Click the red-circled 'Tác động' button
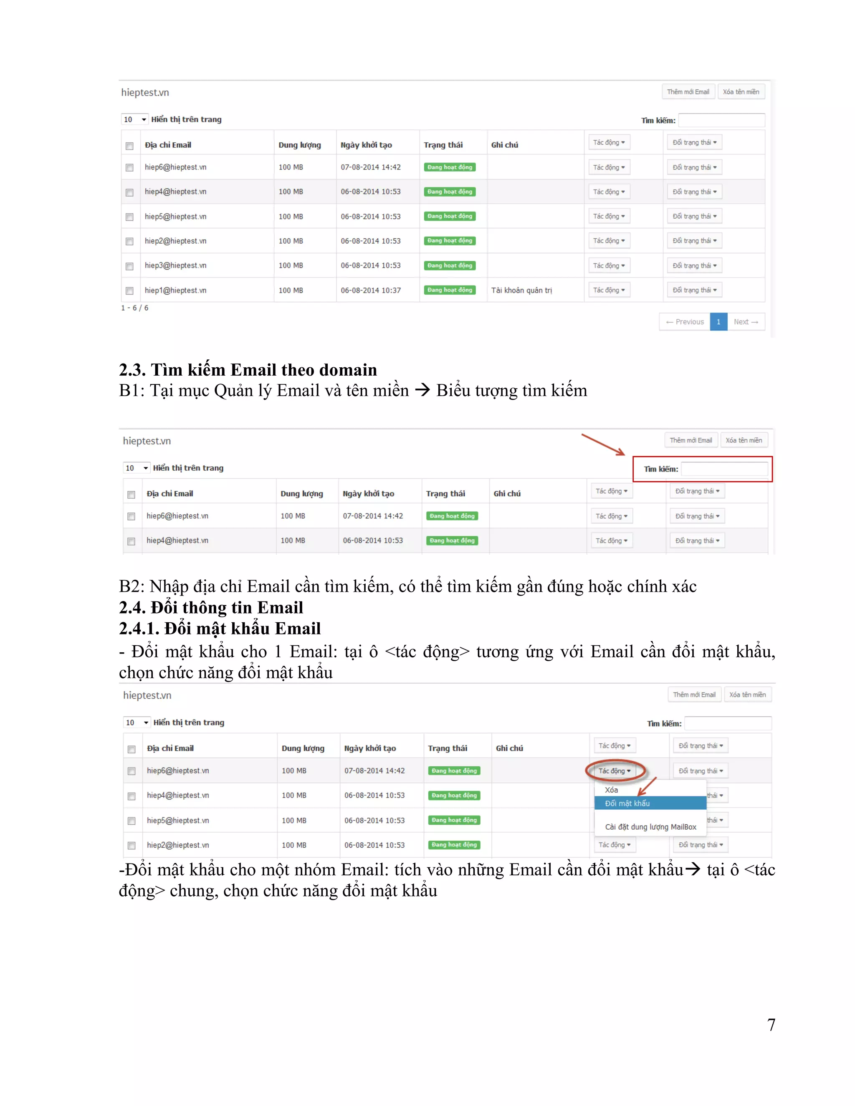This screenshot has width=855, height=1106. click(615, 771)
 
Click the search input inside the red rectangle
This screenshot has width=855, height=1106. click(724, 469)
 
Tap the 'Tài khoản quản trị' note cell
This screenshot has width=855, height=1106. click(522, 290)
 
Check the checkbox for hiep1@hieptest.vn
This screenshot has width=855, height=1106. click(130, 290)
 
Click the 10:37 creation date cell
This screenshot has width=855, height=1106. click(371, 290)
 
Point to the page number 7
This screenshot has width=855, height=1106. click(771, 1025)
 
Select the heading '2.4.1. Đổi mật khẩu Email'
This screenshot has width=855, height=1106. click(220, 629)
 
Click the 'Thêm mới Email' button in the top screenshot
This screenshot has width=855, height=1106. click(688, 92)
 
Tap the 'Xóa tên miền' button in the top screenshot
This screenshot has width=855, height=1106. click(741, 92)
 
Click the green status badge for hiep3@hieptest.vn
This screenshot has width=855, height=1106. click(450, 265)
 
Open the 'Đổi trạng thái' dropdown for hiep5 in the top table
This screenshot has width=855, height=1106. click(694, 216)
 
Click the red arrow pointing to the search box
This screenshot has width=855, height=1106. click(603, 444)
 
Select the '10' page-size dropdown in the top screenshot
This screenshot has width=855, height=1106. click(135, 119)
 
